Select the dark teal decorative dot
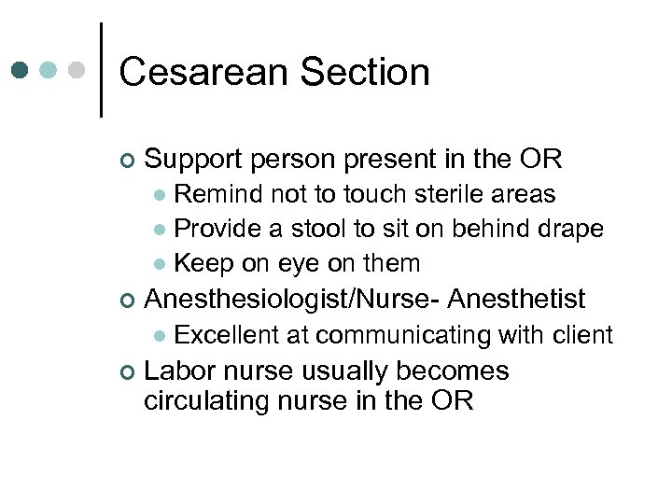click(21, 70)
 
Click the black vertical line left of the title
click(100, 69)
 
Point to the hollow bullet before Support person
click(128, 161)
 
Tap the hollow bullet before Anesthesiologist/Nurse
click(128, 301)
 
